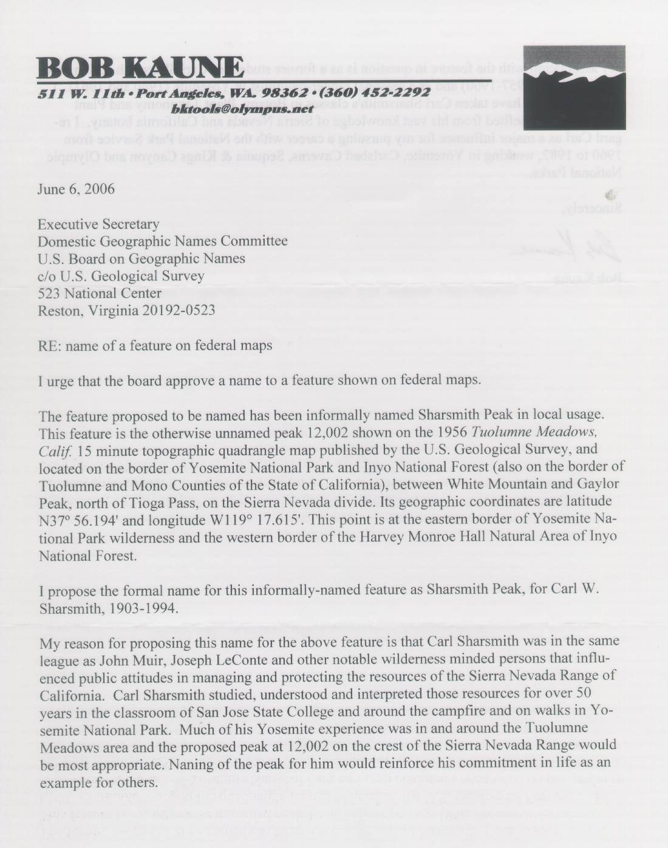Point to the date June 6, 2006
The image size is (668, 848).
coord(76,189)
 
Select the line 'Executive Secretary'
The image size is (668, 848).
coord(98,224)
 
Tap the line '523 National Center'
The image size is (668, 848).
coord(100,293)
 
